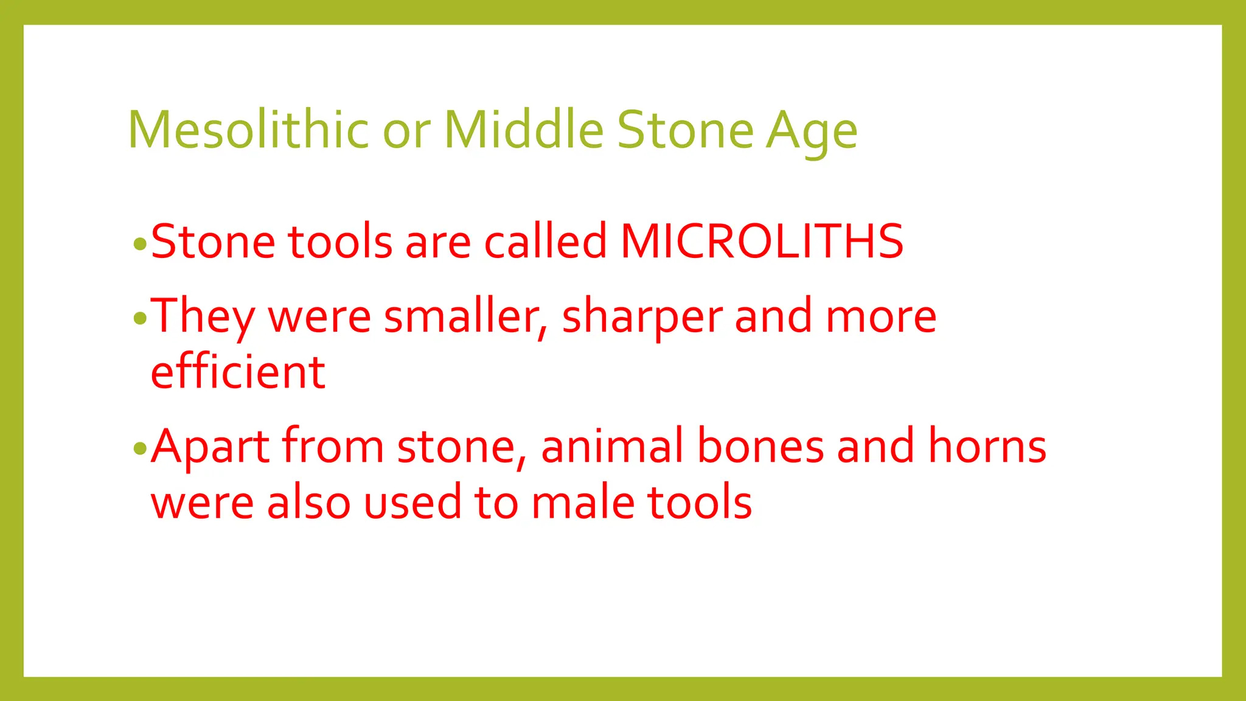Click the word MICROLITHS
click(762, 241)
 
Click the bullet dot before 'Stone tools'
click(140, 245)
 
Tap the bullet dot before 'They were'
click(140, 318)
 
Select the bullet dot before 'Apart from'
click(140, 449)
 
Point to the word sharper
click(642, 316)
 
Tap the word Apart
click(210, 447)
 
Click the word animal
click(612, 447)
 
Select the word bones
click(760, 447)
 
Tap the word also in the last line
click(308, 503)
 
